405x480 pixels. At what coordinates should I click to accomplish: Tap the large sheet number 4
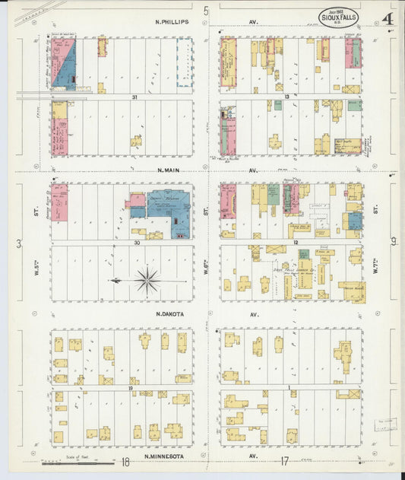tap(388, 19)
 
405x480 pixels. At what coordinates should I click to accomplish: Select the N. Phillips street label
tap(169, 23)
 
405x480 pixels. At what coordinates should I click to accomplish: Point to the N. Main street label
tap(171, 170)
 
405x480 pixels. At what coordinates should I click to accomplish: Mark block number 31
tap(134, 97)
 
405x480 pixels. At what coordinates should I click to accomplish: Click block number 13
tap(287, 97)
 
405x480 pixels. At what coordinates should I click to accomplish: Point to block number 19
tap(131, 387)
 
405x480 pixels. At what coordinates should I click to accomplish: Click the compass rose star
tap(147, 281)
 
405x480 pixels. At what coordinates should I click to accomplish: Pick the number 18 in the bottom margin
tap(125, 462)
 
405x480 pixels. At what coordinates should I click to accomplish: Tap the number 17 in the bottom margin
tap(284, 461)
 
